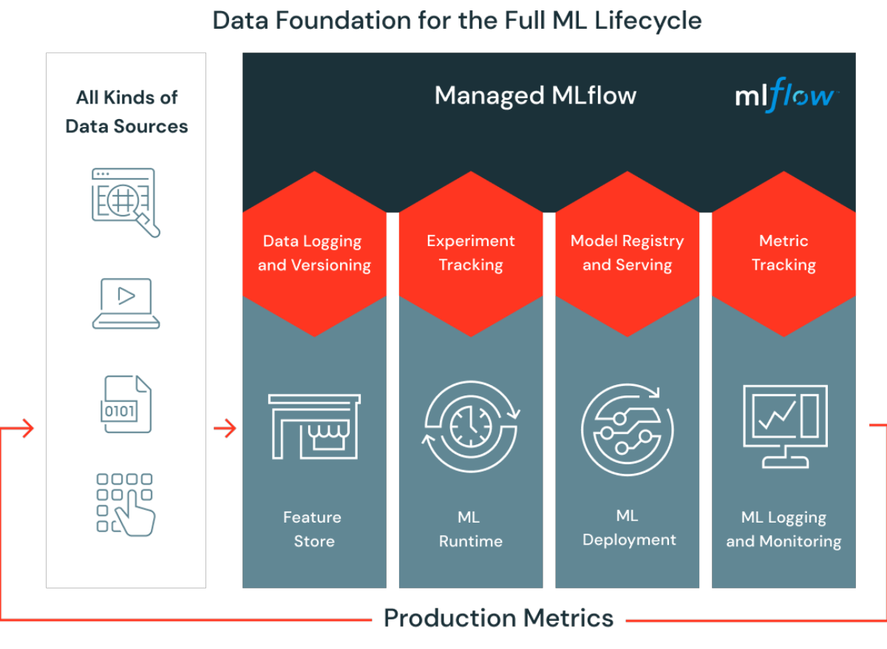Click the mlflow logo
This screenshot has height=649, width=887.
click(x=786, y=95)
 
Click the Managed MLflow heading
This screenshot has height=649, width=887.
click(x=535, y=95)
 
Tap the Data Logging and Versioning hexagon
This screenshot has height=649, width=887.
click(x=314, y=254)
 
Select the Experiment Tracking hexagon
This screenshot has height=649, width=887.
click(x=471, y=254)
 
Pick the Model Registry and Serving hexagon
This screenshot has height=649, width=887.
click(x=628, y=254)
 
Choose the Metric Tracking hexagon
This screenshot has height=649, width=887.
click(x=784, y=254)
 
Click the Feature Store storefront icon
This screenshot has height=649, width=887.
click(x=314, y=427)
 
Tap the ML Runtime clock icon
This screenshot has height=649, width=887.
click(x=471, y=427)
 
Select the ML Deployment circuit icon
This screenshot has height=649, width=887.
click(x=628, y=429)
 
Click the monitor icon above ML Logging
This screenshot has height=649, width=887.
click(x=785, y=427)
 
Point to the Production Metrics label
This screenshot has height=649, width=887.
click(x=498, y=618)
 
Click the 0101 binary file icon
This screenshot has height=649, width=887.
click(x=126, y=404)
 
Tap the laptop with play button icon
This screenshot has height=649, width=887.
click(x=126, y=303)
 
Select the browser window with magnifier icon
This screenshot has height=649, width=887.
click(x=126, y=203)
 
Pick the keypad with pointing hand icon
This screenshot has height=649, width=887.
click(x=126, y=505)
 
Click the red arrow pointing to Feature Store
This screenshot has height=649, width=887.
click(x=225, y=428)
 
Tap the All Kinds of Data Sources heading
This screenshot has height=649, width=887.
click(x=126, y=112)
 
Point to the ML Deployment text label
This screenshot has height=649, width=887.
click(x=629, y=528)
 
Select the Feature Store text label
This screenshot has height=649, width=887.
click(x=313, y=529)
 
